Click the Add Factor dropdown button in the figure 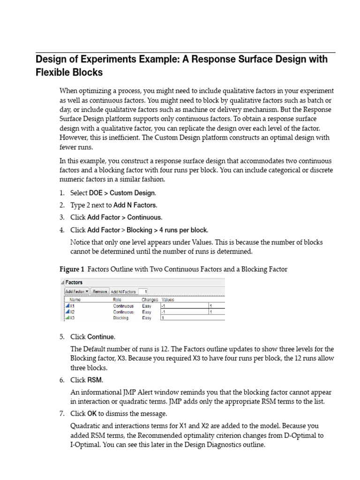[x=76, y=291]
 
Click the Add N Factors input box [x=143, y=291]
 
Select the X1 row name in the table [x=72, y=306]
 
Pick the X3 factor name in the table [x=72, y=318]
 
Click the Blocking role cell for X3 [x=120, y=318]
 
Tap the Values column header [x=168, y=299]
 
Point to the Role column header [x=117, y=299]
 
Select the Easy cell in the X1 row [x=146, y=306]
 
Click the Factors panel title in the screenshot [x=74, y=283]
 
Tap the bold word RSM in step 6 [x=95, y=380]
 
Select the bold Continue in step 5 [x=101, y=337]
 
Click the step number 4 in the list [x=62, y=230]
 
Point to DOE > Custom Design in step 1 [x=122, y=193]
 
